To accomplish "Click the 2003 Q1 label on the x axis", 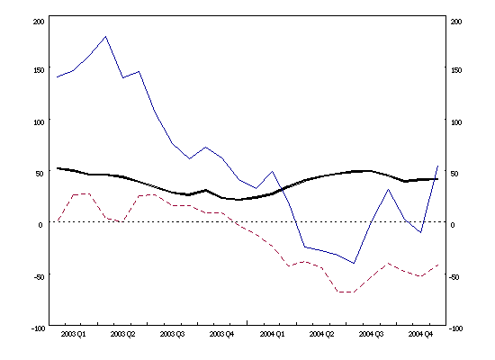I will [74, 334].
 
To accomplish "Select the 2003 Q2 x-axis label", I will [123, 334].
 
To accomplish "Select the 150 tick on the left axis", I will [37, 69].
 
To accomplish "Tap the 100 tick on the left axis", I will [37, 121].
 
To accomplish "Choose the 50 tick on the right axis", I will [454, 173].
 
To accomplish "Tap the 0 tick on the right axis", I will [452, 225].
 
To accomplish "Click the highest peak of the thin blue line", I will [106, 37].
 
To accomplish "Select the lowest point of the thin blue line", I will [355, 264].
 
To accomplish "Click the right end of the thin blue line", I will [438, 166].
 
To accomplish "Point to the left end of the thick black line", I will [57, 168].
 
